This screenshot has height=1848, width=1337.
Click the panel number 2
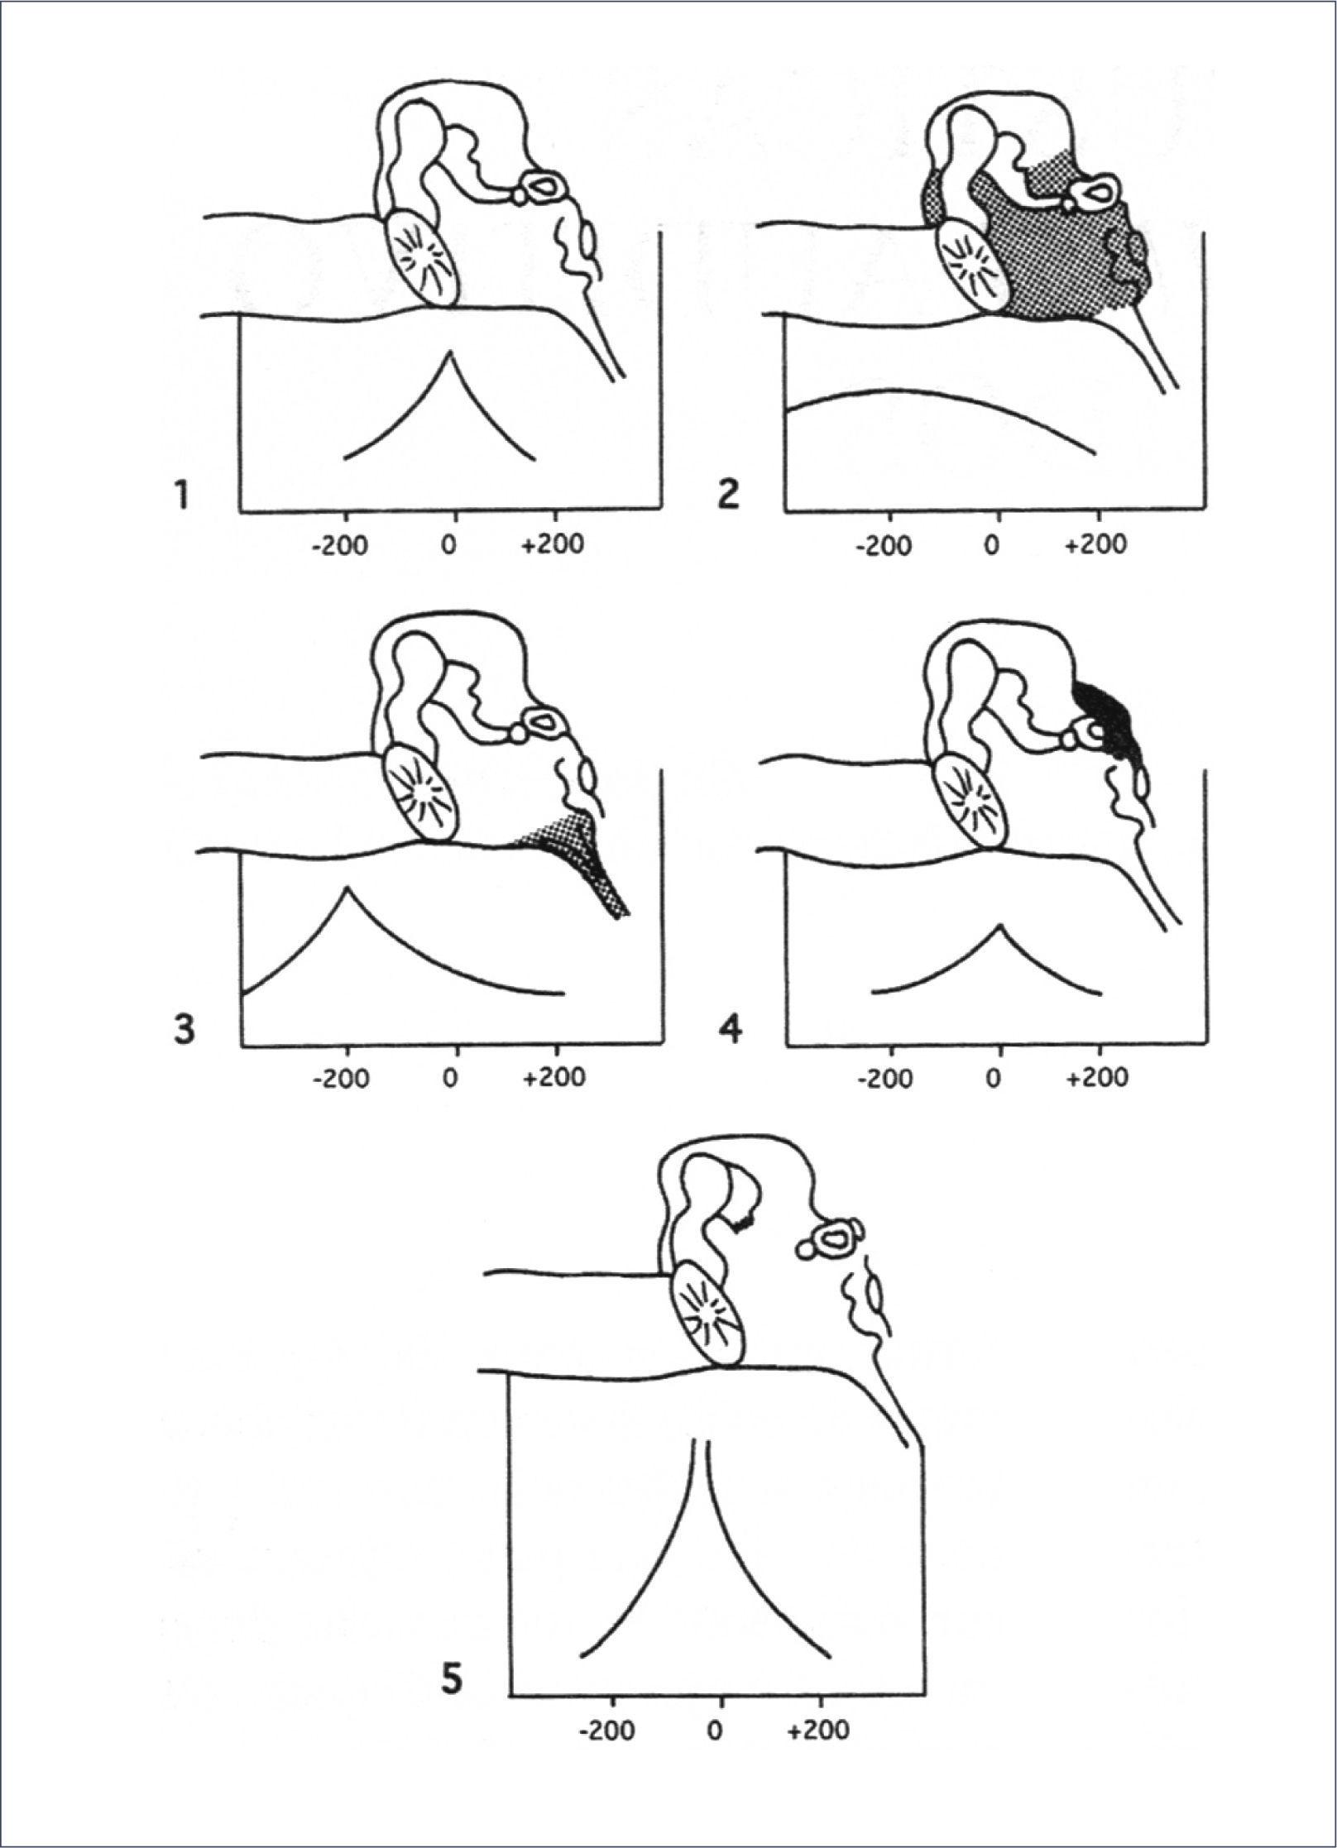(x=727, y=496)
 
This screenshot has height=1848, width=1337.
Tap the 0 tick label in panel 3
(x=450, y=1079)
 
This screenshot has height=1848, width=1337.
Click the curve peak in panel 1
(x=449, y=353)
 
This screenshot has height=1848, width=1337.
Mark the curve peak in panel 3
(x=347, y=888)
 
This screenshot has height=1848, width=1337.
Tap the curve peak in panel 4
(x=1000, y=924)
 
